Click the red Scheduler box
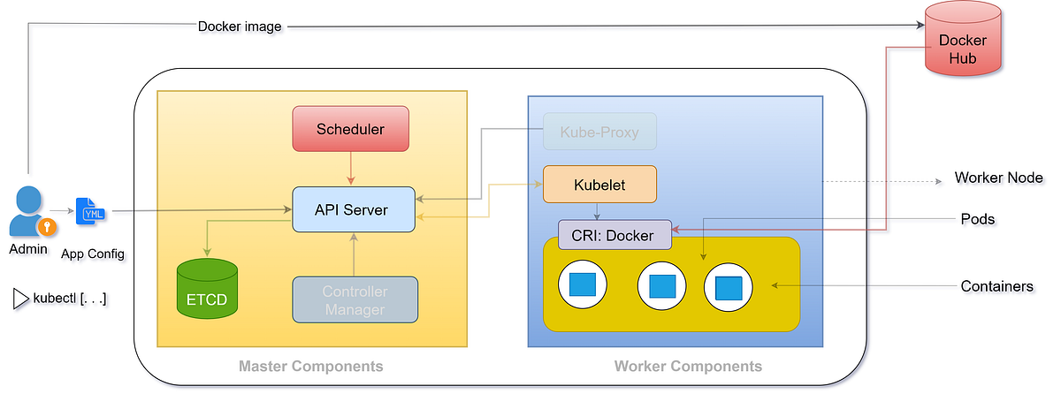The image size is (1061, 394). point(351,129)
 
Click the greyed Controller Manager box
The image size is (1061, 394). point(355,300)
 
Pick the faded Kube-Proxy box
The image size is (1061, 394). point(599,133)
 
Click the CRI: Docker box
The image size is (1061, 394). point(614,235)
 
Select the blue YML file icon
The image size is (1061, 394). point(91,212)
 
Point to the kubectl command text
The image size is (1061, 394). point(70,298)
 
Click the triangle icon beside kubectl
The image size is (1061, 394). point(20,298)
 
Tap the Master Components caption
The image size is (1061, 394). point(311,366)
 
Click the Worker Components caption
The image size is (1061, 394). point(687,366)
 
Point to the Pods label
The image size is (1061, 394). point(979,218)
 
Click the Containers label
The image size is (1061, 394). point(996,286)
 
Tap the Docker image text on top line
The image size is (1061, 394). point(240,27)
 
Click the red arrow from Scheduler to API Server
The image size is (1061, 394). point(351,167)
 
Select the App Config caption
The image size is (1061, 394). point(93,254)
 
